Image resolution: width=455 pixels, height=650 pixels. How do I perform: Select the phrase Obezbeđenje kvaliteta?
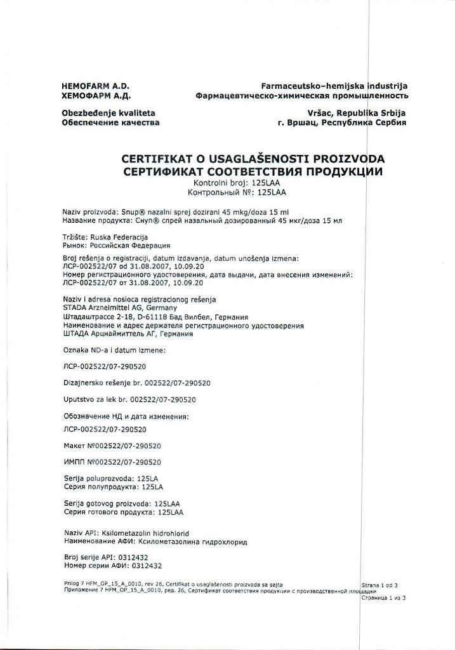109,112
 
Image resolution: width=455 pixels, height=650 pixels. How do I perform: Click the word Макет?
74,446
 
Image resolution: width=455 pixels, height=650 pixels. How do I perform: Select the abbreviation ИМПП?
74,462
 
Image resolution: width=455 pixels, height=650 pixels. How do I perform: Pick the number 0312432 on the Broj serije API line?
145,557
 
